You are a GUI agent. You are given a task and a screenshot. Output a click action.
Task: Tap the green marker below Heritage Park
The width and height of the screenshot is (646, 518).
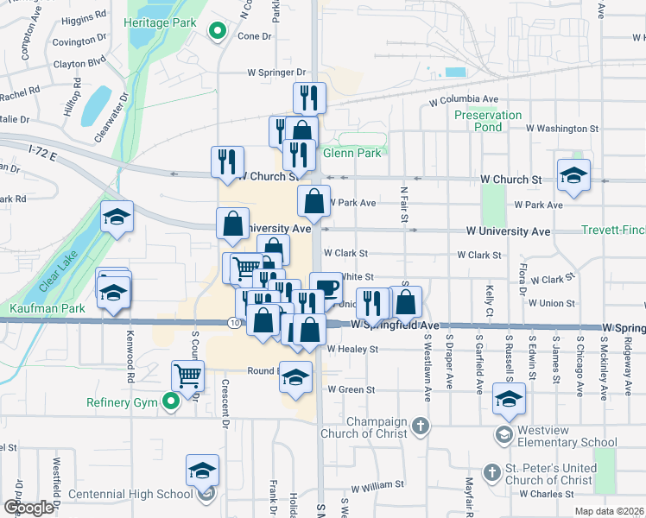[x=218, y=34]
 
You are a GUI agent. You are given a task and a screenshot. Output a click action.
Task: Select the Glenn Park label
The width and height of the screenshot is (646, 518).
[x=351, y=154]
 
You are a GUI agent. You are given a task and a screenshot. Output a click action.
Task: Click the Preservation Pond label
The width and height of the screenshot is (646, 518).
[x=488, y=121]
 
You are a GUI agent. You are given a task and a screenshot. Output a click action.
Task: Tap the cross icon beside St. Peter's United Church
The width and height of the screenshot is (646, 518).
[x=491, y=472]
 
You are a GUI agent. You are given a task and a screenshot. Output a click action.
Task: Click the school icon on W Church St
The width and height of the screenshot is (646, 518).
[x=573, y=175]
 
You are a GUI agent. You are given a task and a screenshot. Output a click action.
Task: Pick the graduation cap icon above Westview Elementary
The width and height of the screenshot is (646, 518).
[x=509, y=399]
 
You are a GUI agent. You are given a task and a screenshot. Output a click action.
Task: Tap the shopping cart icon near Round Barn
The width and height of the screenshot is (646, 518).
[x=187, y=376]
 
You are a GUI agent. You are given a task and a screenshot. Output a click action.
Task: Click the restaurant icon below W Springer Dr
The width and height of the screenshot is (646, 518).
[x=308, y=98]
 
